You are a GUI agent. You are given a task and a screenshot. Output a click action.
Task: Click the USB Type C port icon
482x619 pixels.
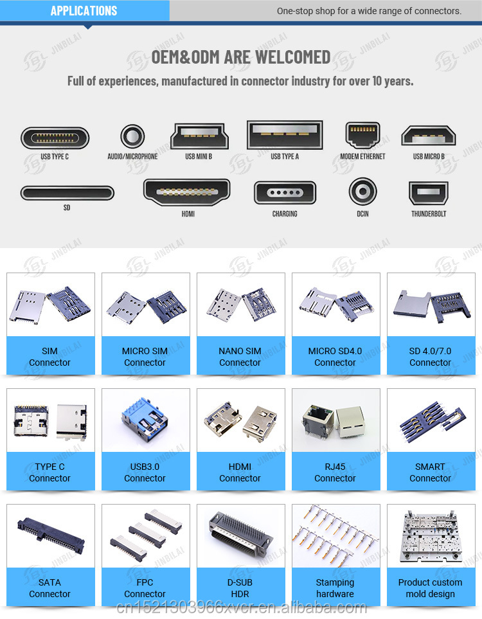(55, 138)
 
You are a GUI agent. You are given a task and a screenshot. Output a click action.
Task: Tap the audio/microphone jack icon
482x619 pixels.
(132, 136)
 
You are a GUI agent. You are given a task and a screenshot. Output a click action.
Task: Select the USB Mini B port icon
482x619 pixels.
(200, 136)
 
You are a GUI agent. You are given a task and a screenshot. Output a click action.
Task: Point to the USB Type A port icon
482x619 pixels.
(285, 135)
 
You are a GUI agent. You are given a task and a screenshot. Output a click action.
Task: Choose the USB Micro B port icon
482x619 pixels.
(429, 136)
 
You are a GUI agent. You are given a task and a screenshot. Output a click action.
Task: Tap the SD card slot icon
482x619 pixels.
(67, 193)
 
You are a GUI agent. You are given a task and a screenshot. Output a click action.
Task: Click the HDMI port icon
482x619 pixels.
(187, 192)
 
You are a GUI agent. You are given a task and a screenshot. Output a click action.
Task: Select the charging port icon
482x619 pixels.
(285, 193)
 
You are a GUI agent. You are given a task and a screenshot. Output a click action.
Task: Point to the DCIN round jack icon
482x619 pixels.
(362, 192)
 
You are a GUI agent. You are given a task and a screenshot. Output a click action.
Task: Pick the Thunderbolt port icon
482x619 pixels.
(429, 193)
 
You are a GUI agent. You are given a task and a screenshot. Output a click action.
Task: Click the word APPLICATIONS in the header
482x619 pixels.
(84, 11)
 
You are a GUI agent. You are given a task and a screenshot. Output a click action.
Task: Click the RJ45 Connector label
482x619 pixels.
(335, 472)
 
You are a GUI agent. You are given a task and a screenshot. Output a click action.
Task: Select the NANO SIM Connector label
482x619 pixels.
(240, 357)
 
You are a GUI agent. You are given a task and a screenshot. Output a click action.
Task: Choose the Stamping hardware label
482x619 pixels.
(335, 588)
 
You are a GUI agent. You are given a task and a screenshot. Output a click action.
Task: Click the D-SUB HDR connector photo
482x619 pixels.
(241, 534)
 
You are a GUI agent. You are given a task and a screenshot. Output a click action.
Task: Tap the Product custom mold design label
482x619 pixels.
(431, 588)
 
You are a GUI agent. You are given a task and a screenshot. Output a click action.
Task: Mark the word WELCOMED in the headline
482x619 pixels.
(293, 58)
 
